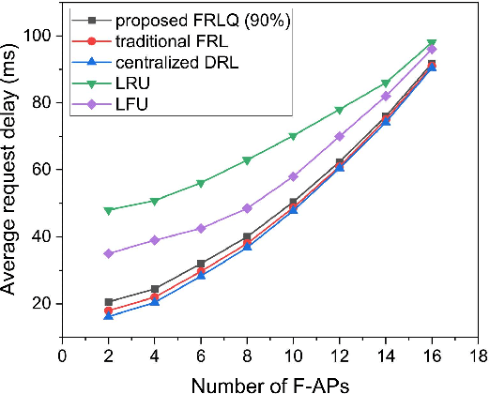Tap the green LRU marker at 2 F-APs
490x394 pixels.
pyautogui.click(x=109, y=210)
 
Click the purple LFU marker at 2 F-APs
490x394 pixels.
pyautogui.click(x=109, y=253)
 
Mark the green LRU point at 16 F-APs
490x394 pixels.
pyautogui.click(x=432, y=43)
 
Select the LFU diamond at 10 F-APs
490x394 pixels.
pyautogui.click(x=294, y=176)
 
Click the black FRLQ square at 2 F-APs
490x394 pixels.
pyautogui.click(x=109, y=302)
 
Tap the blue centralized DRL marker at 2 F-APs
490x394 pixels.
pyautogui.click(x=109, y=316)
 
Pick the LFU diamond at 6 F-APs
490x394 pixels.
pyautogui.click(x=201, y=228)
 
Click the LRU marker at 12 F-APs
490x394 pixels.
pyautogui.click(x=340, y=110)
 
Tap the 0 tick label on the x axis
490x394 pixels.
pyautogui.click(x=63, y=356)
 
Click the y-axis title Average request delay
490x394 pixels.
pyautogui.click(x=13, y=183)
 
